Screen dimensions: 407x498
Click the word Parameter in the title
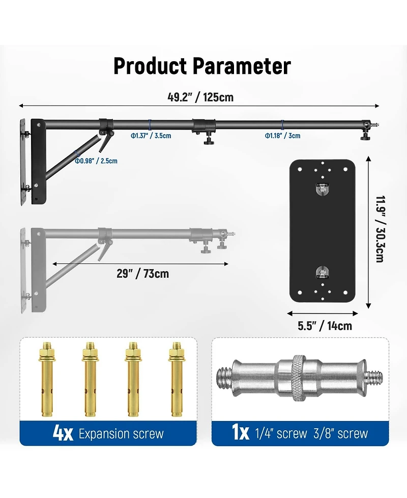click(242, 66)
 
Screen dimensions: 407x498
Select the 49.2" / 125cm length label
click(200, 97)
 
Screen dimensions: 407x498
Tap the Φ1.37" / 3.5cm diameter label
click(151, 136)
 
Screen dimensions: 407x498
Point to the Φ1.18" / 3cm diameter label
click(282, 136)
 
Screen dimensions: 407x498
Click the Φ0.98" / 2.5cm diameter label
click(96, 161)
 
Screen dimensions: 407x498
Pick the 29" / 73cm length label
click(142, 273)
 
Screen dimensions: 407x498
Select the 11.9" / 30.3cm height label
click(380, 229)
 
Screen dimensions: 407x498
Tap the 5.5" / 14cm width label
click(325, 326)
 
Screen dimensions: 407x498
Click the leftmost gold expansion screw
click(47, 379)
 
